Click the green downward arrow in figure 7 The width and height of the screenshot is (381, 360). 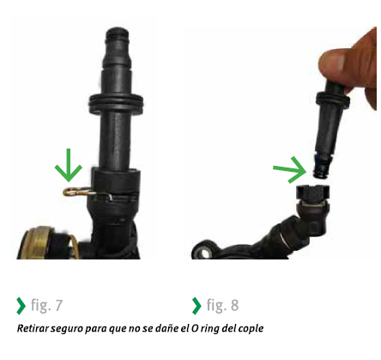[x=69, y=166]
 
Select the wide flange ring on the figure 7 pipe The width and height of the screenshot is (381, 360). [x=116, y=102]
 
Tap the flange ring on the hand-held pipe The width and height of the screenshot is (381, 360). [x=333, y=100]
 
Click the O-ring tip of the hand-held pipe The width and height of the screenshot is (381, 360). [x=321, y=171]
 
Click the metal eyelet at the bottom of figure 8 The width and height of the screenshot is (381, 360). [x=203, y=252]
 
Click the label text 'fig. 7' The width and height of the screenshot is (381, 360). [x=46, y=305]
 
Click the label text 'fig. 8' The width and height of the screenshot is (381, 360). [x=222, y=305]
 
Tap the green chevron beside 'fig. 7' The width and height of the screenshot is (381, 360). [x=21, y=306]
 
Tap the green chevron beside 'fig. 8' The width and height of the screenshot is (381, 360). [x=197, y=306]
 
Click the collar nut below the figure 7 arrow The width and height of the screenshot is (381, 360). [x=116, y=181]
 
